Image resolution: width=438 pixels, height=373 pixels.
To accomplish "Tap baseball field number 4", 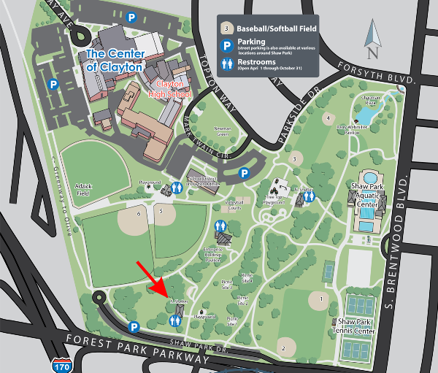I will click(328, 118).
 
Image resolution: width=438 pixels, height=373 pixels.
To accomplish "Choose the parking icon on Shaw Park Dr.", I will click(134, 327).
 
